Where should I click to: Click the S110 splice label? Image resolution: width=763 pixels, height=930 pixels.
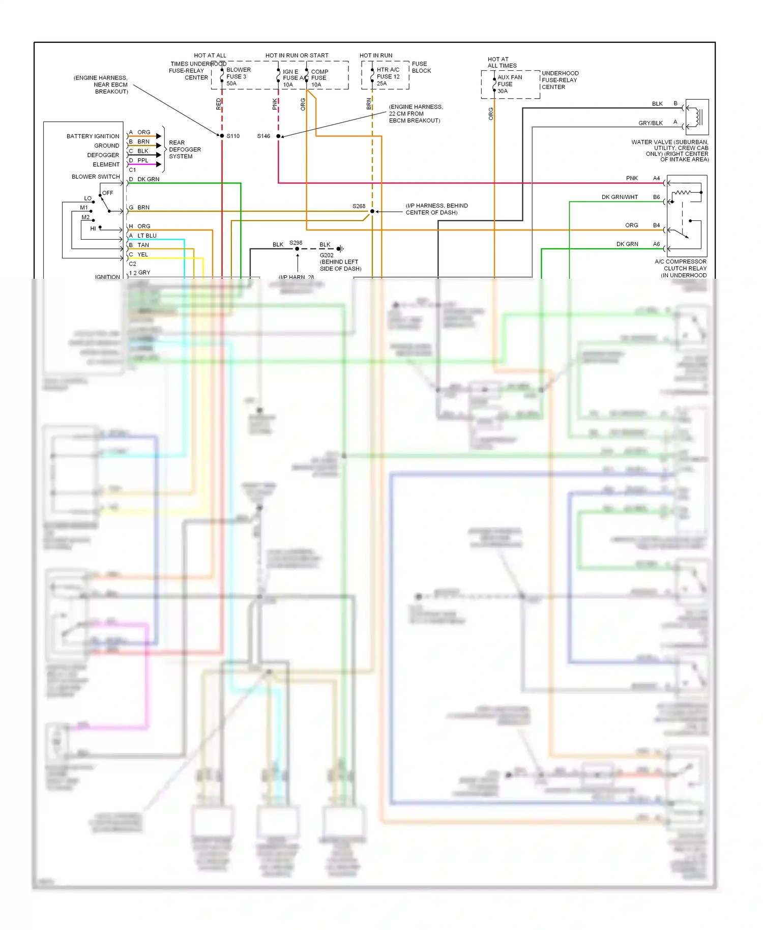click(x=233, y=136)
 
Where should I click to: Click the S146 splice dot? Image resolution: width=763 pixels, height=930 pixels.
click(x=278, y=136)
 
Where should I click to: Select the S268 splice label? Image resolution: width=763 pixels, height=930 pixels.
click(x=359, y=206)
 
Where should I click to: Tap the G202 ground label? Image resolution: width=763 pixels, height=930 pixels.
click(x=327, y=255)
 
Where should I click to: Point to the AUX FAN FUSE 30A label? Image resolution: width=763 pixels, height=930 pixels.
click(x=509, y=84)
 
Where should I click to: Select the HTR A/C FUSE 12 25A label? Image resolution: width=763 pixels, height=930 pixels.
click(x=388, y=77)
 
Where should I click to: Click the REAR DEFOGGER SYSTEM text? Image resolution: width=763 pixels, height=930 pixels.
click(x=185, y=150)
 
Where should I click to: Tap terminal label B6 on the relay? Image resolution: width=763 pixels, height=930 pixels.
click(x=656, y=197)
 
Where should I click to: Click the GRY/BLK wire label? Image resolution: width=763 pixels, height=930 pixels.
click(x=650, y=123)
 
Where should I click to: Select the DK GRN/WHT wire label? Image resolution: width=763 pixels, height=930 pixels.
click(x=619, y=197)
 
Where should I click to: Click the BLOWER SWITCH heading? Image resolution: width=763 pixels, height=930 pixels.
click(x=96, y=177)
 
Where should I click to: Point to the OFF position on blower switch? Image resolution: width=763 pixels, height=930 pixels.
click(x=107, y=193)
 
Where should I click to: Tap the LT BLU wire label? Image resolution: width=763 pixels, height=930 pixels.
click(x=146, y=236)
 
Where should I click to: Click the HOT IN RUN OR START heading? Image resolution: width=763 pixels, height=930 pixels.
click(x=297, y=55)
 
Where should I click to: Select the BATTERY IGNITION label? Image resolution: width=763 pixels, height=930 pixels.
click(x=93, y=136)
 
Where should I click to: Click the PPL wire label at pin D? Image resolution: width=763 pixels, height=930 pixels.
click(x=142, y=160)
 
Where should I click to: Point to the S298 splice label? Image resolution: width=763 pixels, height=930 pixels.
click(x=296, y=243)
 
